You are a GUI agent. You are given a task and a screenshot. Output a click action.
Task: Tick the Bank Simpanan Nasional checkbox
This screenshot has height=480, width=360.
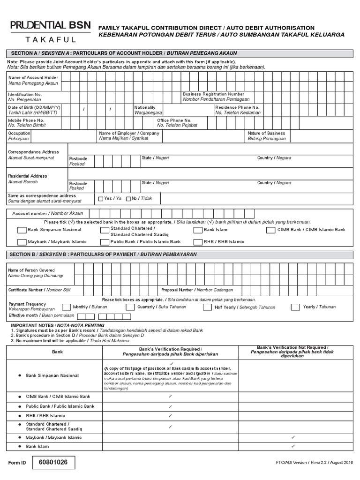22,230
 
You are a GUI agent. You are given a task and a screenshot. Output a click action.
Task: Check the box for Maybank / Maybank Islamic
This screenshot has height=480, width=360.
22,242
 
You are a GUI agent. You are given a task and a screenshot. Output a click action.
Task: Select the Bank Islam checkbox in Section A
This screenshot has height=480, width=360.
198,230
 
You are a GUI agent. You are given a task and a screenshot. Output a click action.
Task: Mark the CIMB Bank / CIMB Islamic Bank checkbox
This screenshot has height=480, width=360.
270,230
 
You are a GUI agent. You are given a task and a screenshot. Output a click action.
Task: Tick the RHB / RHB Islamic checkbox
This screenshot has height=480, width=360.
198,242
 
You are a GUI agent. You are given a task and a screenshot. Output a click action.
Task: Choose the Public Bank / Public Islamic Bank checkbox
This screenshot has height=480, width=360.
104,242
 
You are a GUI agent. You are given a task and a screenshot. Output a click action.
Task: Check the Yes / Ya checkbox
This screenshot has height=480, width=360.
100,199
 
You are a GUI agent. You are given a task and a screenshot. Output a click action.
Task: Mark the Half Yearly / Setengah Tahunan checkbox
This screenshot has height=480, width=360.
207,307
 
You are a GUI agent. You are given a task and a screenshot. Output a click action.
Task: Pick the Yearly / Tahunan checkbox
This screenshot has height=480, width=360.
295,307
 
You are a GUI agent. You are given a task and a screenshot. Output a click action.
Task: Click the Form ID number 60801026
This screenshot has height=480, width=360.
53,462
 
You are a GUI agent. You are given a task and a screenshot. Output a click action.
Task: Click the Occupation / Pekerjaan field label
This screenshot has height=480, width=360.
19,136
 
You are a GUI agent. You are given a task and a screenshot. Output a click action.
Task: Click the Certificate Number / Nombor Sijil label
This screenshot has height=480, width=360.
39,290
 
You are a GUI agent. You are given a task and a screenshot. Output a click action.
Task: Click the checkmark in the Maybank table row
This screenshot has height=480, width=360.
292,437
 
